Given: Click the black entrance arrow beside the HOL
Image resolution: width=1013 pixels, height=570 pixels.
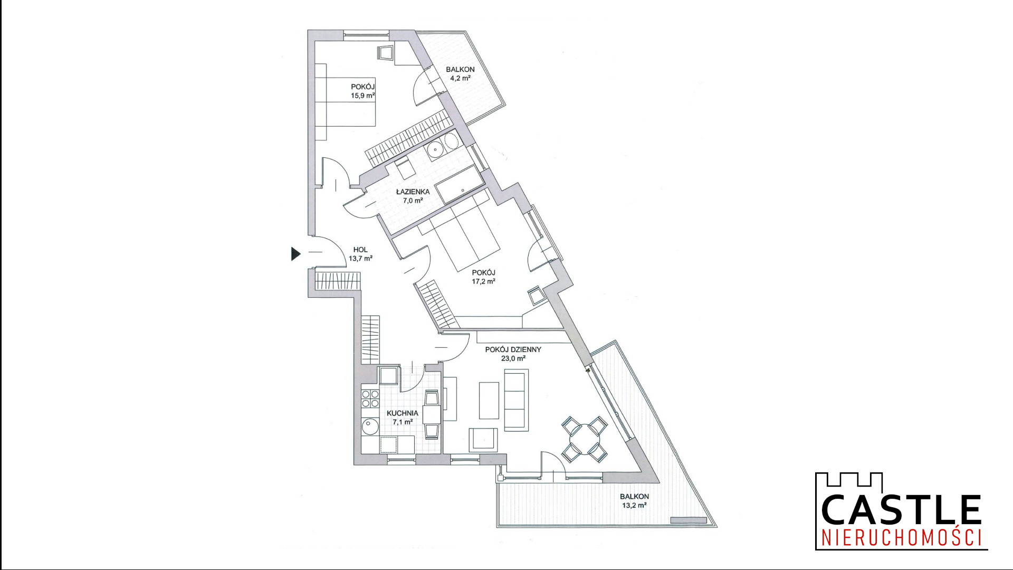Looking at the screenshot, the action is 295,254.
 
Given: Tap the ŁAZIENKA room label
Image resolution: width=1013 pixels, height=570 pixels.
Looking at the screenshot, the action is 413,192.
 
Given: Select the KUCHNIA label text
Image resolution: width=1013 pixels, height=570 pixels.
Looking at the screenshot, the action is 403,413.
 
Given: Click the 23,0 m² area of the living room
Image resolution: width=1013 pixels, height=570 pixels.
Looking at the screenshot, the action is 513,358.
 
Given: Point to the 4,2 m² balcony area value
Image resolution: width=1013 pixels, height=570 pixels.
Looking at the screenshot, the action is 460,78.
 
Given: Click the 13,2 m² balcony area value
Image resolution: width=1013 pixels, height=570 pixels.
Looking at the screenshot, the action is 634,505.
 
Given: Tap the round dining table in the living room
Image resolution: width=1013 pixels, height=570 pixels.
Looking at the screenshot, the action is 585,438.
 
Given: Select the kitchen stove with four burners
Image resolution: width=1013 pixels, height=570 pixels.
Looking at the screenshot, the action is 370,398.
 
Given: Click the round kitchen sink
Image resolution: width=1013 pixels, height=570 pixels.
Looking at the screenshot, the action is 370,426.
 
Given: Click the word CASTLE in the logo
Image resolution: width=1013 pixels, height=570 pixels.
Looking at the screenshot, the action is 901,509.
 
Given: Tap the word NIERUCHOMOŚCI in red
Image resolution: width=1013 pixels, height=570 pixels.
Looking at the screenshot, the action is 902,538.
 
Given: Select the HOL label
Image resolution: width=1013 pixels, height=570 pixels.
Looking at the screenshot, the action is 360,250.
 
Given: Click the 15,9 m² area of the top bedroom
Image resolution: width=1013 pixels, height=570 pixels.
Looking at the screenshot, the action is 363,96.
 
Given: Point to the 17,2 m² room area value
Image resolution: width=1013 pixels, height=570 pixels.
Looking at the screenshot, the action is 483,281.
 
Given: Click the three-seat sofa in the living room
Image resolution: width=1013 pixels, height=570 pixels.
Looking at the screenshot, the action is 517,400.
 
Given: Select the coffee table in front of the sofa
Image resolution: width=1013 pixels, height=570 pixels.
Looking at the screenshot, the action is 489,401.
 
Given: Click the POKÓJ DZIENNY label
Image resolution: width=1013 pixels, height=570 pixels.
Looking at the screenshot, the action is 513,349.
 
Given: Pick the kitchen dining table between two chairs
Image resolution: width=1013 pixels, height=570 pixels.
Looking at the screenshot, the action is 432,414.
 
